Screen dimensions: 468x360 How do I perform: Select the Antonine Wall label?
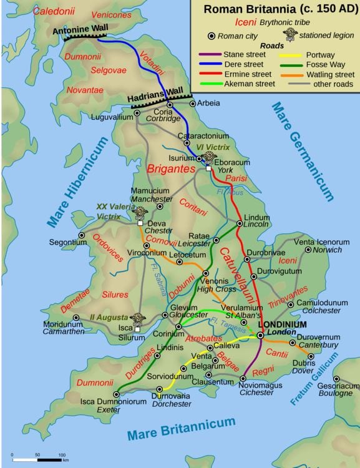point(79,29)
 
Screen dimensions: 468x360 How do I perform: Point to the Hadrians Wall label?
point(155,97)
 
